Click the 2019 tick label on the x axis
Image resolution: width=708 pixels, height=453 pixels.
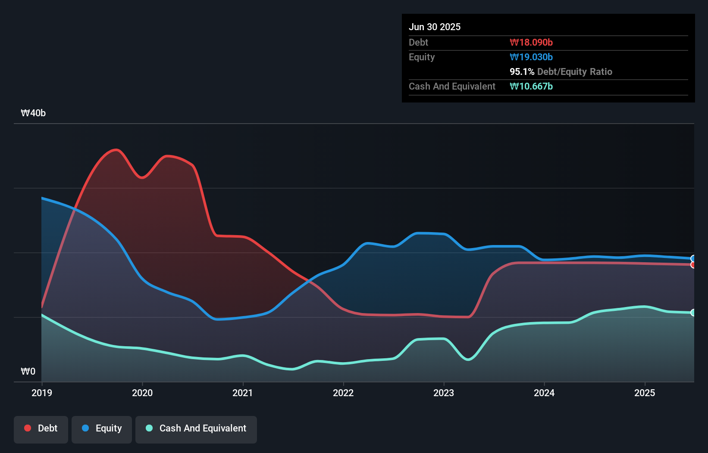pos(42,393)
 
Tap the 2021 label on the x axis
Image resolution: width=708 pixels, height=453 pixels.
pos(243,393)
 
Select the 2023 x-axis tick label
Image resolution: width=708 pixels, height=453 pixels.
pos(444,393)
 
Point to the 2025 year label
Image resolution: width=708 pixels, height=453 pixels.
pos(645,393)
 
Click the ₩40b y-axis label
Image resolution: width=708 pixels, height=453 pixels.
pos(33,113)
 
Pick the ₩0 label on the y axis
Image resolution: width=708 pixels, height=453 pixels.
pos(28,371)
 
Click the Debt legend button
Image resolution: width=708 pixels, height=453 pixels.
pos(41,428)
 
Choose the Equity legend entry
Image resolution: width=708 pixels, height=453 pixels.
pos(102,428)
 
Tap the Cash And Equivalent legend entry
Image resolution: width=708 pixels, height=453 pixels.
pos(196,428)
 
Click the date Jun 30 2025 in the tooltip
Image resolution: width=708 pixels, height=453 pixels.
pos(435,27)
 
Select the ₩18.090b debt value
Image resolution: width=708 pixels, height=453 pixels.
pos(531,42)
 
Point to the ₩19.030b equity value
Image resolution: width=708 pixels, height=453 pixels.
pos(531,57)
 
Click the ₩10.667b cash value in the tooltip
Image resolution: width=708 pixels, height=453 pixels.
pos(531,86)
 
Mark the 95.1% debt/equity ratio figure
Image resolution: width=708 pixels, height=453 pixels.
pos(522,71)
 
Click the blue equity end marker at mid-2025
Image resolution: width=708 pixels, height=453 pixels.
pos(693,258)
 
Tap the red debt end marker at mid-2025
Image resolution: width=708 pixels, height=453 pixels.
pos(693,265)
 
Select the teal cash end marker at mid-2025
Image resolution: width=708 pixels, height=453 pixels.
pos(693,313)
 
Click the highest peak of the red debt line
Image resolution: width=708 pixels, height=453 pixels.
pos(116,150)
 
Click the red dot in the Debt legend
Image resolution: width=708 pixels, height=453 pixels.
pos(28,428)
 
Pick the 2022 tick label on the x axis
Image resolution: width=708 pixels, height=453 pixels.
pos(343,393)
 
